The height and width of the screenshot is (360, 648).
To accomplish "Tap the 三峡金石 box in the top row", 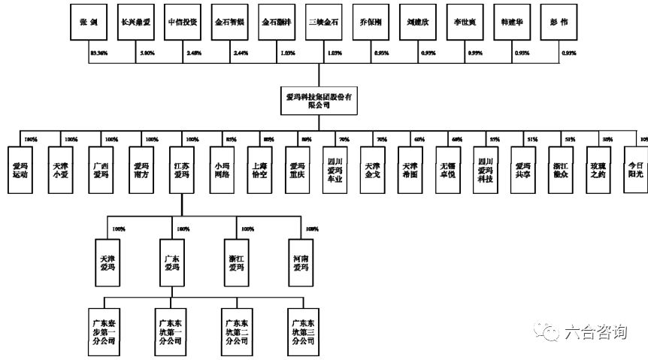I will (x=324, y=23).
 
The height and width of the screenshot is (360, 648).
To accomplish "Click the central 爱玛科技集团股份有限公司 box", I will (x=319, y=102).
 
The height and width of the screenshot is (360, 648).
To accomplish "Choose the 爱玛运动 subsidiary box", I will (x=20, y=170).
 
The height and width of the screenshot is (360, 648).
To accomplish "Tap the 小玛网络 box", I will (x=222, y=170).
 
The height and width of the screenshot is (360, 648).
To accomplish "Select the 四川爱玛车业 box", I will (x=335, y=174).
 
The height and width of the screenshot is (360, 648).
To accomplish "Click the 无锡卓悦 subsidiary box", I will (x=447, y=170).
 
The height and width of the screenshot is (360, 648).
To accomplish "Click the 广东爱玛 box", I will (x=171, y=262).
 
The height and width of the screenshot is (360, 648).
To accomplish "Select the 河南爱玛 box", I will (x=300, y=262).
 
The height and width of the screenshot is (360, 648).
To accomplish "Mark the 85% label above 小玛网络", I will (x=231, y=139).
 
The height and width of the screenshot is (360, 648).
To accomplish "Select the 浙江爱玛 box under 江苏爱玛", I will (x=236, y=262).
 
